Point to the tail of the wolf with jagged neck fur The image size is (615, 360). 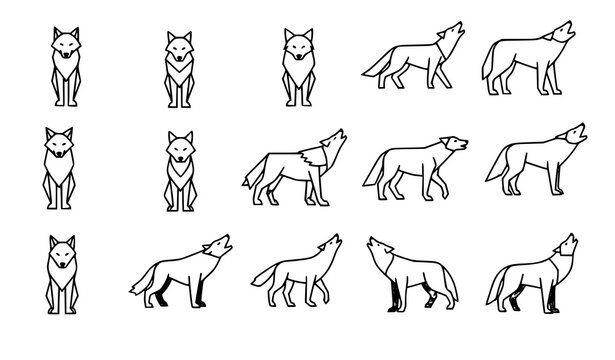point(251,177)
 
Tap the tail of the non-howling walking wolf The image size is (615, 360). point(372,175)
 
